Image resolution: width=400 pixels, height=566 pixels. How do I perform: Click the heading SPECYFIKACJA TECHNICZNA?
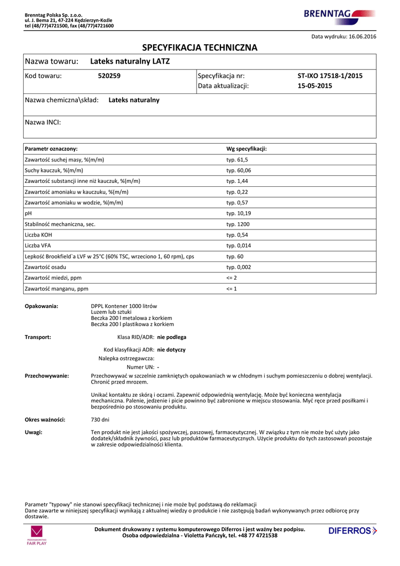pyautogui.click(x=200, y=48)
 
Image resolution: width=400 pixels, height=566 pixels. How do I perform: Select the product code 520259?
pyautogui.click(x=109, y=76)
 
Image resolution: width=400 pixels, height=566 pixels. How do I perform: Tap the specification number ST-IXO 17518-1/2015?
pyautogui.click(x=330, y=76)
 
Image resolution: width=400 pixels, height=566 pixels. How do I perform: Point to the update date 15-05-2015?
pyautogui.click(x=315, y=86)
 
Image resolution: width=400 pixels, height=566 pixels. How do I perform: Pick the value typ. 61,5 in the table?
pyautogui.click(x=237, y=160)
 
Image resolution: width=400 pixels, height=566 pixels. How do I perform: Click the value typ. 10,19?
pyautogui.click(x=239, y=213)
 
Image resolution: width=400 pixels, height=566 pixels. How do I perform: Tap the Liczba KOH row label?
pyautogui.click(x=39, y=235)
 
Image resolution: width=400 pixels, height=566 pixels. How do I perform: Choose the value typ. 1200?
pyautogui.click(x=238, y=224)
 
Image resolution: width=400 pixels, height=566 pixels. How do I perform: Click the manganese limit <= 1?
pyautogui.click(x=231, y=289)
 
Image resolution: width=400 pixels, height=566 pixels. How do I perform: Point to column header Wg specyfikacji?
pyautogui.click(x=246, y=149)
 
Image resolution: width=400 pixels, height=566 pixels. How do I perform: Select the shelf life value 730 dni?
pyautogui.click(x=100, y=420)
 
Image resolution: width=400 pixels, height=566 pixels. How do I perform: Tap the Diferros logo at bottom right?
pyautogui.click(x=352, y=531)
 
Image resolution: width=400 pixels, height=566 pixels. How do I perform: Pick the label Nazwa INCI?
pyautogui.click(x=43, y=122)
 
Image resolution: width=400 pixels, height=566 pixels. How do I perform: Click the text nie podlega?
pyautogui.click(x=172, y=337)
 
